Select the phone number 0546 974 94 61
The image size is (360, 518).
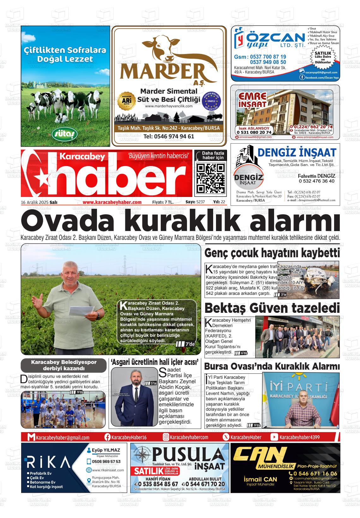pyautogui.click(x=169, y=137)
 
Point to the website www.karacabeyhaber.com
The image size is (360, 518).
pyautogui.click(x=112, y=202)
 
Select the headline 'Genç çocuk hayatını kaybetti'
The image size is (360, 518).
pyautogui.click(x=272, y=253)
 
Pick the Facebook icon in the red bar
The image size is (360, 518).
pyautogui.click(x=107, y=437)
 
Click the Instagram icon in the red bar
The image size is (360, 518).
pyautogui.click(x=166, y=437)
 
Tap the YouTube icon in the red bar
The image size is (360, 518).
pyautogui.click(x=274, y=437)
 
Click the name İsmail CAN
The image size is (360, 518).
pyautogui.click(x=256, y=479)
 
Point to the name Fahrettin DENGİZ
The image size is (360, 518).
pyautogui.click(x=317, y=176)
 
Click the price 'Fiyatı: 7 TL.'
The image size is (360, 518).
pyautogui.click(x=163, y=202)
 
